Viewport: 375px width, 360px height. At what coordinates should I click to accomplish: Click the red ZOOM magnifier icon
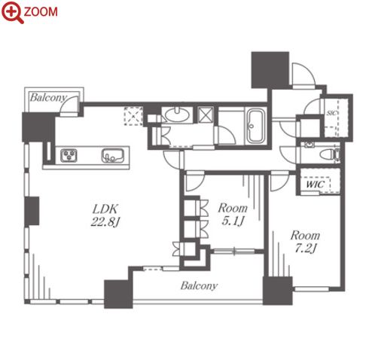point(13,12)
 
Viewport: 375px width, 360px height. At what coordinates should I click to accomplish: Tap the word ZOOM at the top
point(41,12)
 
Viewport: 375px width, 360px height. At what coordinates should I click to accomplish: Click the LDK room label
point(105,209)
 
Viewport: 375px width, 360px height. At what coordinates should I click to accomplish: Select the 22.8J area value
point(105,222)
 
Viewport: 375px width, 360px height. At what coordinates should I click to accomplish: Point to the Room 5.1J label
point(233,215)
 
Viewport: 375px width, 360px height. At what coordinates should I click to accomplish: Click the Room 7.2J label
point(305,242)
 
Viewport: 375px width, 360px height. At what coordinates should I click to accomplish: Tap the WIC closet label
point(315,185)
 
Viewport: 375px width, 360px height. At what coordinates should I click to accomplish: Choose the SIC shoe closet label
point(331,113)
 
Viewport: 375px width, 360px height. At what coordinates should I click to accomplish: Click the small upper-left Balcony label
point(48,98)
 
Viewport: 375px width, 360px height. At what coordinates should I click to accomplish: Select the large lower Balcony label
point(199,286)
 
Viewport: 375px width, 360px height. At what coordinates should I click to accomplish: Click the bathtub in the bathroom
point(256,127)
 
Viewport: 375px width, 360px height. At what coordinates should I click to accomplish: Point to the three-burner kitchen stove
point(69,155)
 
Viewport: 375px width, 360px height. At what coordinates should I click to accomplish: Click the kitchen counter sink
point(113,156)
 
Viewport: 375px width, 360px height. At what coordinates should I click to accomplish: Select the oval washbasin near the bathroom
point(177,115)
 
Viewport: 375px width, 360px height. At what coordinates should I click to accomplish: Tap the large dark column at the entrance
point(270,70)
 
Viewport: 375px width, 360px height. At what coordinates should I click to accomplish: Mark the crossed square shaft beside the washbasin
point(206,115)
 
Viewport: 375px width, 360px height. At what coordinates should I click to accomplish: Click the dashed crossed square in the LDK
point(133,116)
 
